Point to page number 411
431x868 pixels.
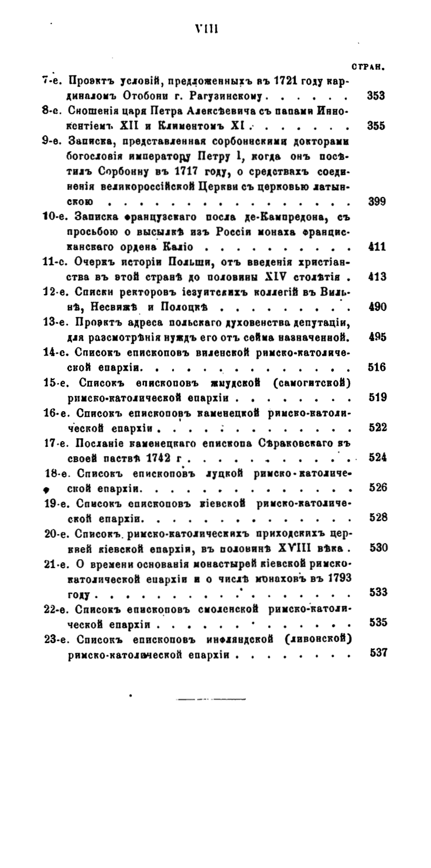point(376,246)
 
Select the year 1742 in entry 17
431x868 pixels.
point(148,457)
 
